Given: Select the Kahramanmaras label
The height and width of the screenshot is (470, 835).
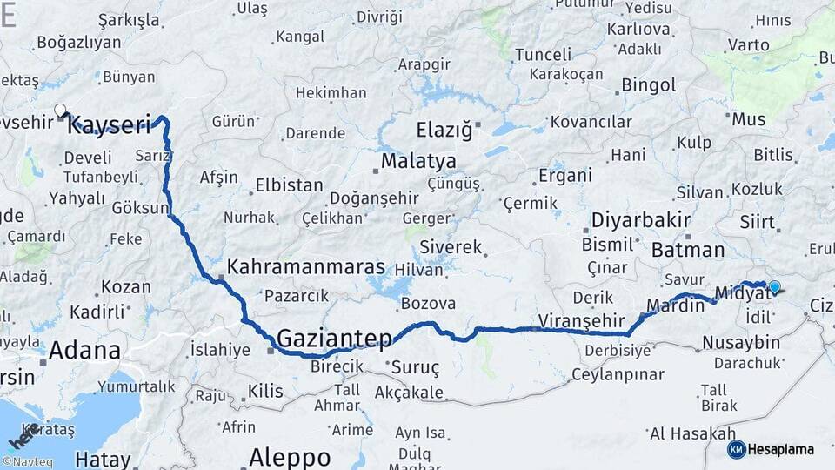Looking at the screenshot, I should pyautogui.click(x=305, y=267).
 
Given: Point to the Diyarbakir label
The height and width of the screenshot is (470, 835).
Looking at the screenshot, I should pyautogui.click(x=641, y=219).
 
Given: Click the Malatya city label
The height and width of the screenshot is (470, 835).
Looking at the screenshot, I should pyautogui.click(x=418, y=162).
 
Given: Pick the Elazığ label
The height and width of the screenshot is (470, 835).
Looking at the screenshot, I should pyautogui.click(x=444, y=131).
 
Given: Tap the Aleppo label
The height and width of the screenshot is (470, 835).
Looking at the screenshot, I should pyautogui.click(x=290, y=457).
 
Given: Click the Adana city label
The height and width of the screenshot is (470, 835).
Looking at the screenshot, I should pyautogui.click(x=84, y=351).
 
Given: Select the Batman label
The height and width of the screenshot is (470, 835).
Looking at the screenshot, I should pyautogui.click(x=687, y=250).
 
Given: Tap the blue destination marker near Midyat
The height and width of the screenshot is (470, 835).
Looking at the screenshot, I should pyautogui.click(x=774, y=286).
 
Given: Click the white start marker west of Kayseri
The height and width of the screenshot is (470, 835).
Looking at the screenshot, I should pyautogui.click(x=60, y=111).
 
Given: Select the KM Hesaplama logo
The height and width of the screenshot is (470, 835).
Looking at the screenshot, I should pyautogui.click(x=771, y=449).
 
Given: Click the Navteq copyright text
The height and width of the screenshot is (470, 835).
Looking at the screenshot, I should pyautogui.click(x=27, y=462).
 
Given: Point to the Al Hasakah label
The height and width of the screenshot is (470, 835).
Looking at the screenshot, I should pyautogui.click(x=692, y=433).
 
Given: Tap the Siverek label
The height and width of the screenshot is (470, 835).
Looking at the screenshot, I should pyautogui.click(x=451, y=247).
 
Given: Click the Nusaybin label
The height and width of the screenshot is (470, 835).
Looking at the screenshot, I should pyautogui.click(x=741, y=342).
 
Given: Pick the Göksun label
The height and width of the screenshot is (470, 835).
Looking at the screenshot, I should pyautogui.click(x=140, y=207).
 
